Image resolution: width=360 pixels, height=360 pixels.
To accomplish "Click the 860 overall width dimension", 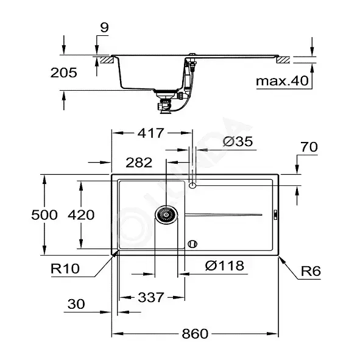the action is click(195, 334).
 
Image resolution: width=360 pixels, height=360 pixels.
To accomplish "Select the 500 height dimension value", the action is click(44, 215).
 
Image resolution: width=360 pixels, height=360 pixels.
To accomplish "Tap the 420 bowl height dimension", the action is click(81, 215).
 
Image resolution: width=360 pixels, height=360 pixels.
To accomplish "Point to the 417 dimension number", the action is click(151, 133).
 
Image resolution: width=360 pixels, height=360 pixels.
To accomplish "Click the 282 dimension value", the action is click(139, 163).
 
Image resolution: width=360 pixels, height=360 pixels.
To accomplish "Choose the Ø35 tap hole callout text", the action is click(238, 141).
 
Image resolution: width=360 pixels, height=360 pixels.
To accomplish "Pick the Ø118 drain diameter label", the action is click(225, 266).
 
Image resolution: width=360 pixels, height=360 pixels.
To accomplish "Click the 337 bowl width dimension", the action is click(151, 297).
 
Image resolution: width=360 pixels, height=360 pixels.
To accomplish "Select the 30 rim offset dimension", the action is click(76, 304).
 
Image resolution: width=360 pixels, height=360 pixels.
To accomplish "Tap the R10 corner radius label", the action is click(65, 269).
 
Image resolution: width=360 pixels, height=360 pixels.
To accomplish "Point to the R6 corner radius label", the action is click(311, 271).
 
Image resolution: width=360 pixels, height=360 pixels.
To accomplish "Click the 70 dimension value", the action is click(309, 147).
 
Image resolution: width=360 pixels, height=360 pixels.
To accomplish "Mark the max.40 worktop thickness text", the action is click(282, 81).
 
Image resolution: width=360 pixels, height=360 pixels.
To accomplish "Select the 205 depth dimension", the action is click(63, 72).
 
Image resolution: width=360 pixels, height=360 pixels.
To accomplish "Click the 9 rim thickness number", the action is click(104, 27).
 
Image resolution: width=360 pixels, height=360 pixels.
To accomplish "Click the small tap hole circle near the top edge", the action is click(192, 185).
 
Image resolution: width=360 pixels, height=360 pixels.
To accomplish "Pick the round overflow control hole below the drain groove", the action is click(192, 244).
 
